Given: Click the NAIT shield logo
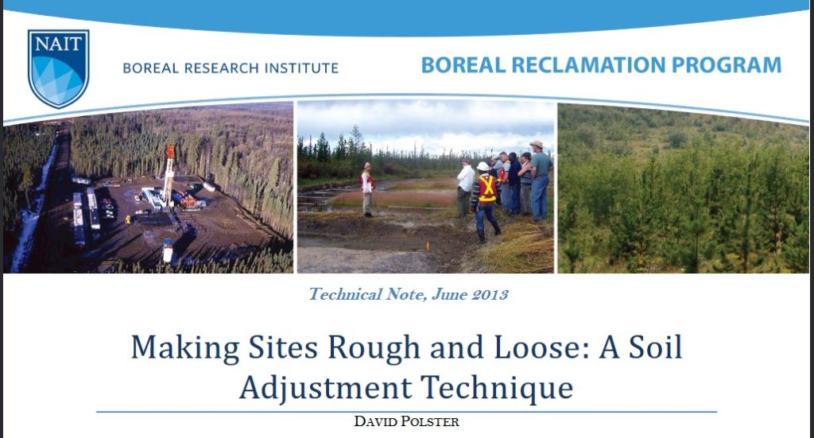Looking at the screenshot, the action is point(59,68).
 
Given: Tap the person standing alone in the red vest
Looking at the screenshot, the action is point(367,189).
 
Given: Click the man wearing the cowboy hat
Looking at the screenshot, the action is point(540,180).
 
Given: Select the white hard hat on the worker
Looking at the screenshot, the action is point(483,167).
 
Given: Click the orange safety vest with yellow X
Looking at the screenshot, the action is point(487,188).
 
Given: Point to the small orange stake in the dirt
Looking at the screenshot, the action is point(428,246).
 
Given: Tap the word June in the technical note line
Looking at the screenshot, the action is point(449,295).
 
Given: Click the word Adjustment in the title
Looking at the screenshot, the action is point(325,388).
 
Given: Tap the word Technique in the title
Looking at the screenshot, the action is point(497,388).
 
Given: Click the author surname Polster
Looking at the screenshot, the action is point(428,421).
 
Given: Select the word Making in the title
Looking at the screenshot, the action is point(185,347).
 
